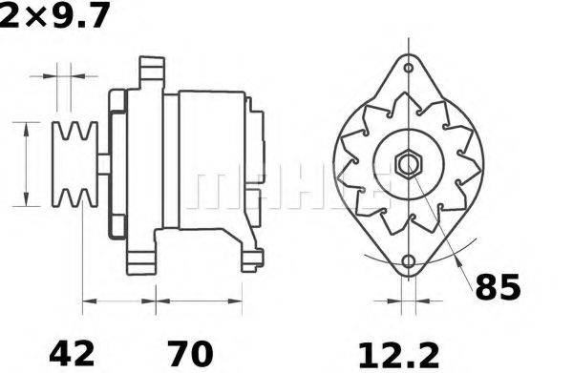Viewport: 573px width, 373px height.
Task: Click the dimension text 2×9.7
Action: coord(54,14)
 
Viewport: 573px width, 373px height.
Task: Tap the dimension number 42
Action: coord(72,352)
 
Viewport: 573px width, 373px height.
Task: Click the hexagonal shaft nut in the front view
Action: coord(409,164)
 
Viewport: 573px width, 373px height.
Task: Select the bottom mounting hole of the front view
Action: coord(409,261)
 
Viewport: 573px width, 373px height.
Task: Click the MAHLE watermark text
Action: coord(286,186)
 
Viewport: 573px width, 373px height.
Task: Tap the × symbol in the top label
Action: coord(33,15)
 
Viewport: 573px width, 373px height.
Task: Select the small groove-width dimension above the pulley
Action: coord(63,73)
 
